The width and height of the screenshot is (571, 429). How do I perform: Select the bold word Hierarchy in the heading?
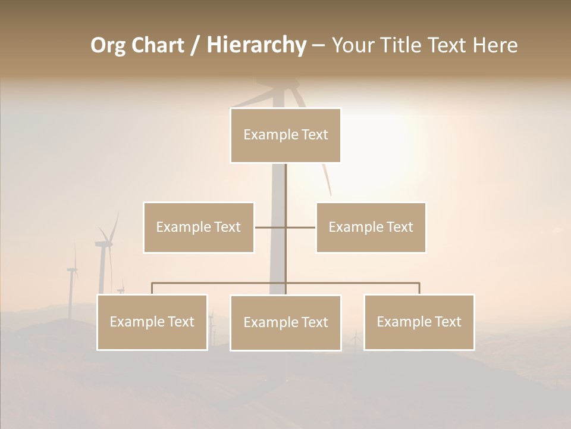pos(256,45)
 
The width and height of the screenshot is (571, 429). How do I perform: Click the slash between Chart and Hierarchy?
pos(195,45)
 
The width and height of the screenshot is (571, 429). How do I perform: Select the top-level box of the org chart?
pos(285,135)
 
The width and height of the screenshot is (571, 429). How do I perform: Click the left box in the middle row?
pos(199,227)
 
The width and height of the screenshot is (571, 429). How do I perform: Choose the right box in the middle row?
pos(371,227)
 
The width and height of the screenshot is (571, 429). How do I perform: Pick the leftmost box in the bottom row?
pos(152,322)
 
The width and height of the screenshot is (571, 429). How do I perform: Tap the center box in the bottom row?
pos(285,323)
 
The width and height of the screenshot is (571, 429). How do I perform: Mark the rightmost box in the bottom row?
pos(419,322)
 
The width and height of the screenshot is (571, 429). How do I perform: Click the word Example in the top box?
pos(264,135)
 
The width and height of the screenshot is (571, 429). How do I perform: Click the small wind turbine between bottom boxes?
pos(356,340)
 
